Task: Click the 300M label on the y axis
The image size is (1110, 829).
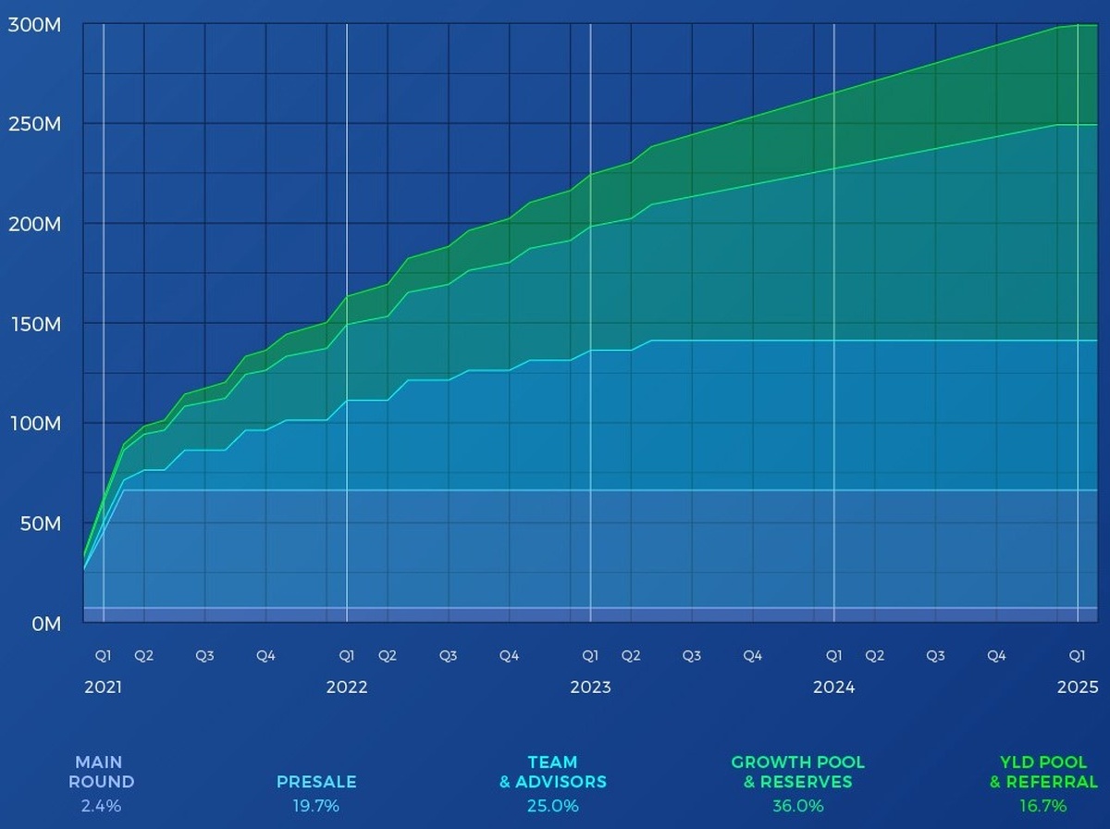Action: point(34,25)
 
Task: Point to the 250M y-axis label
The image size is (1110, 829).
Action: point(34,124)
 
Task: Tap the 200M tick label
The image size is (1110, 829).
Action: point(34,224)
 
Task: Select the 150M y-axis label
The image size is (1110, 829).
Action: point(34,324)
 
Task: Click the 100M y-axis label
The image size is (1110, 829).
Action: point(34,424)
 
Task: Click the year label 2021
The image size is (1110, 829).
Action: point(103,687)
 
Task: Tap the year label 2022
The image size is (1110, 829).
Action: point(347,687)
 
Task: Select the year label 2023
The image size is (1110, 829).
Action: point(590,687)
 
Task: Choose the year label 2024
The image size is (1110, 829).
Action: point(833,687)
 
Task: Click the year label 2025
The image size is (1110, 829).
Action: point(1078,687)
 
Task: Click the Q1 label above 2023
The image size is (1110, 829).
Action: point(590,656)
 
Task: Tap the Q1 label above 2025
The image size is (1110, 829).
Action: point(1078,656)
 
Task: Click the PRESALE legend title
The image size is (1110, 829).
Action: point(316,782)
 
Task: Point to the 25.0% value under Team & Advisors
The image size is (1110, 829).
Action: point(553,806)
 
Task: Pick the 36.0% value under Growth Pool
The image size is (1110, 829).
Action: point(797,806)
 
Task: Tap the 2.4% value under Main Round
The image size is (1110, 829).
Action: point(100,806)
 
